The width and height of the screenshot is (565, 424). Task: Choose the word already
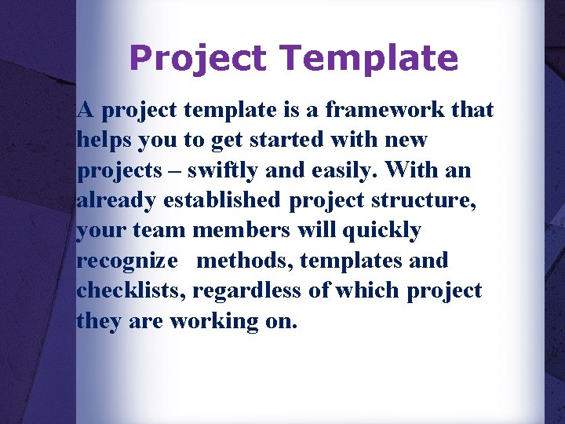click(x=117, y=200)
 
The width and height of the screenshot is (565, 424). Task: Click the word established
click(x=221, y=200)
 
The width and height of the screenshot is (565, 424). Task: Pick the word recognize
click(x=127, y=261)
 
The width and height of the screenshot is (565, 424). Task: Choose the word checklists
click(x=131, y=291)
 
